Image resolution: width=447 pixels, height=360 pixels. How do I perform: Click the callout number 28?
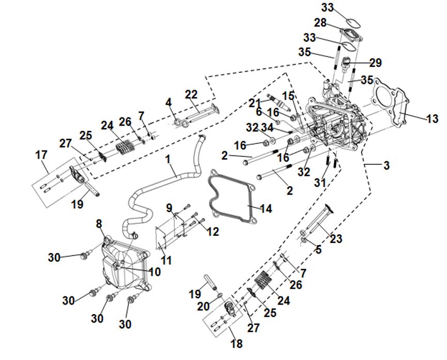[320, 22]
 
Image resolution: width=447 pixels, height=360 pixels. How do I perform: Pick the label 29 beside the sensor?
[375, 63]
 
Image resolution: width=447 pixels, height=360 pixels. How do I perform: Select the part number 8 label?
[99, 223]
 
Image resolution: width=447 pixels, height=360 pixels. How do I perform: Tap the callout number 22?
[191, 95]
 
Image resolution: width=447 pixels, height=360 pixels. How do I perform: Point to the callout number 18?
[237, 343]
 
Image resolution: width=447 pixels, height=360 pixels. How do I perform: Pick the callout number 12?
[213, 232]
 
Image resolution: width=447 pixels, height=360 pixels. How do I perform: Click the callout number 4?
[168, 102]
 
